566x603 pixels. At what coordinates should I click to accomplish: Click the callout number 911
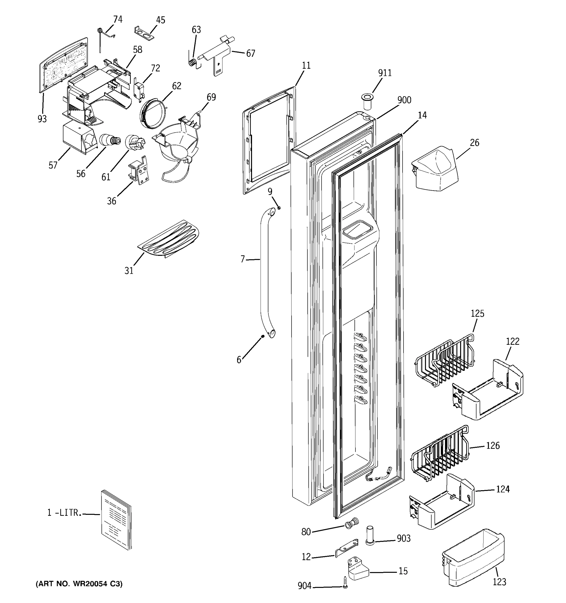pos(385,73)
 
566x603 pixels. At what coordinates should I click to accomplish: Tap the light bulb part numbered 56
pos(110,140)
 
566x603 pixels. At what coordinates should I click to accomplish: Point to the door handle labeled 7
pos(265,273)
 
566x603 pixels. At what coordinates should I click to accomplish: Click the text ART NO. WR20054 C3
pos(79,584)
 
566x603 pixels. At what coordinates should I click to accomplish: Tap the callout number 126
pos(493,445)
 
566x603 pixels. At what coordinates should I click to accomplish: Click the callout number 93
pos(42,119)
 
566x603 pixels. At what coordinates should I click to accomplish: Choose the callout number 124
pos(503,489)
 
